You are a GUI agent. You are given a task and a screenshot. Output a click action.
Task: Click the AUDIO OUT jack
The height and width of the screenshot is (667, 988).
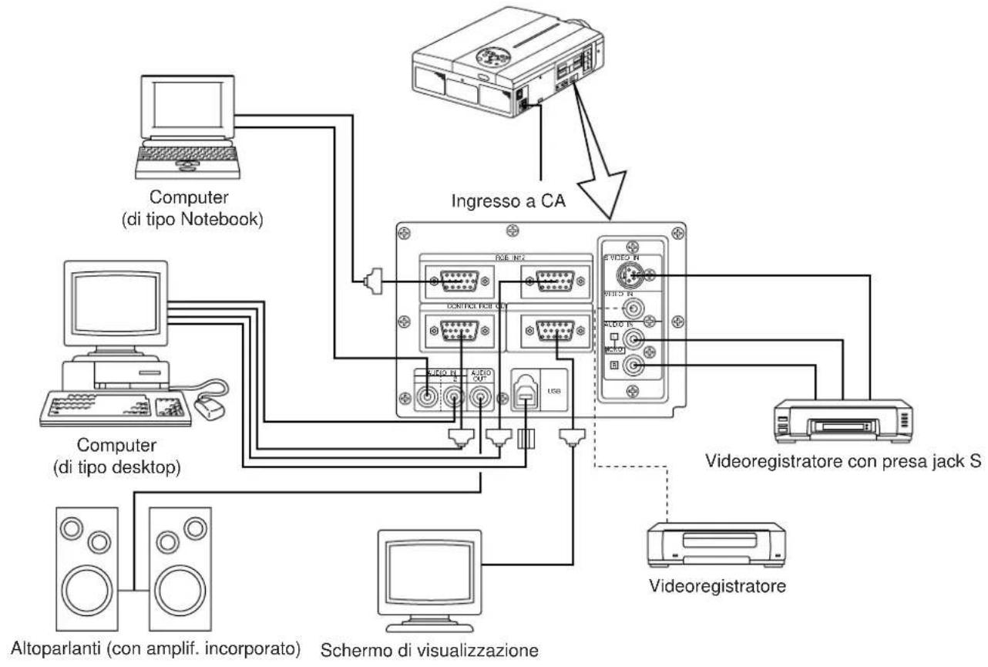481,399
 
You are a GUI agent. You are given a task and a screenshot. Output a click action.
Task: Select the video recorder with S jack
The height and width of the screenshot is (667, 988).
844,423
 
